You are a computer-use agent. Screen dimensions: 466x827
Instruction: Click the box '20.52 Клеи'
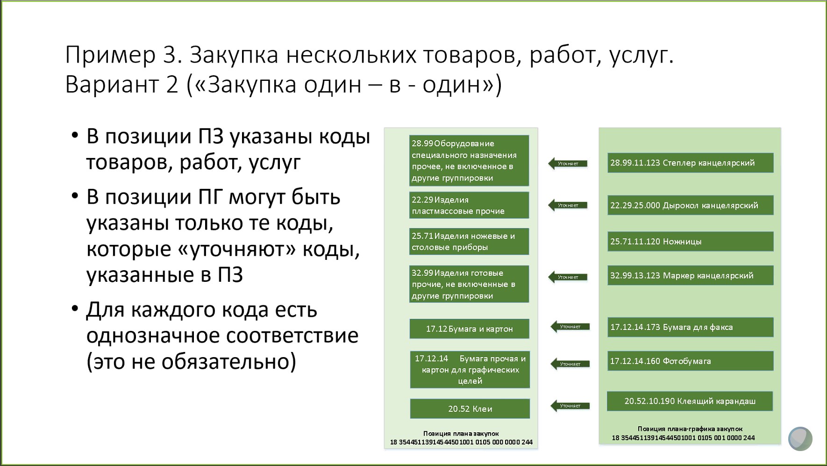click(x=470, y=409)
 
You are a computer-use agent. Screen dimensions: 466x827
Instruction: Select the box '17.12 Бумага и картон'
click(x=469, y=329)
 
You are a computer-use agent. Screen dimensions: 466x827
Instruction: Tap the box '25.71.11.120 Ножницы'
click(x=690, y=242)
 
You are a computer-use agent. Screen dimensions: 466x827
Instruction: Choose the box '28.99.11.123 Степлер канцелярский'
click(x=690, y=163)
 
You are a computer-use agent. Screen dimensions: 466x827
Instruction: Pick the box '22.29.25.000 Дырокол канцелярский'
click(x=690, y=205)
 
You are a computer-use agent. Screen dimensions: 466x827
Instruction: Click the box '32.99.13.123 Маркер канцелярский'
click(x=690, y=275)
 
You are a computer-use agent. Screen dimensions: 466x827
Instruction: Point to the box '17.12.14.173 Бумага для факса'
click(x=690, y=327)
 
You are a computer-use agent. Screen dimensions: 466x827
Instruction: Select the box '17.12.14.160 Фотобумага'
click(x=690, y=361)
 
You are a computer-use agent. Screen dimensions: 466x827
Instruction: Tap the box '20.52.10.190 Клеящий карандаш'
click(x=690, y=401)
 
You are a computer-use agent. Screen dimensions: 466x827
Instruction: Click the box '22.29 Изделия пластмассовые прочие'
click(x=469, y=205)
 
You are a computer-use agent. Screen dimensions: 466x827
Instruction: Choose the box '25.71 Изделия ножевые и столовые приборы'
click(x=469, y=242)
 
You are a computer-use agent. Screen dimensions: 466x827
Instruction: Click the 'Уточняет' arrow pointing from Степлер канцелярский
click(x=568, y=164)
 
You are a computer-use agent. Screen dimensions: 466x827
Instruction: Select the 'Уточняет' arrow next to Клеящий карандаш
click(x=570, y=406)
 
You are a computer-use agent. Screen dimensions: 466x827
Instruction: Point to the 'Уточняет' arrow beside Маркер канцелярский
click(x=568, y=277)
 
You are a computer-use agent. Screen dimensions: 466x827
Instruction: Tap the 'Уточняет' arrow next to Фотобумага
click(x=570, y=364)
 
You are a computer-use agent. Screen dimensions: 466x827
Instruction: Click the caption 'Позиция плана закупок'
click(x=461, y=434)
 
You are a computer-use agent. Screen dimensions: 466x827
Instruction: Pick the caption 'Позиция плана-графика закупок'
click(x=690, y=429)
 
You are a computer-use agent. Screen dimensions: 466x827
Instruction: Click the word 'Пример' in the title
click(x=110, y=55)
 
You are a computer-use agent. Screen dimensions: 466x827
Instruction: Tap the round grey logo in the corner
click(x=800, y=438)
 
